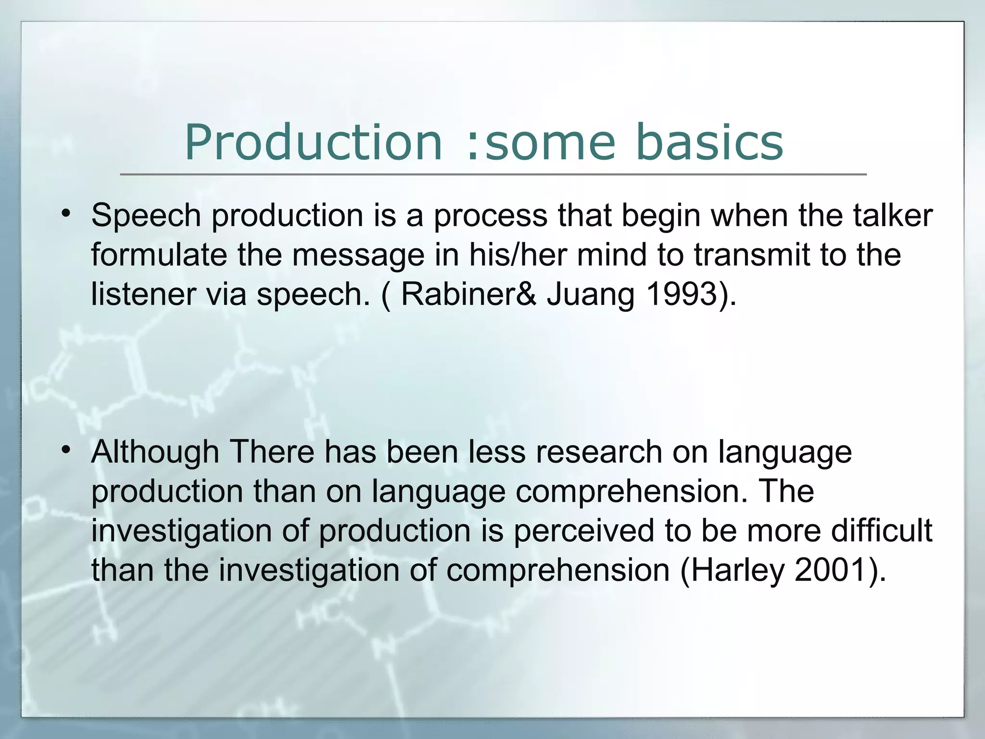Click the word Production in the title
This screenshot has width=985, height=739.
(313, 143)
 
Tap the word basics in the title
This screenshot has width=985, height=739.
(709, 143)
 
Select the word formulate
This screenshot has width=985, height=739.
(159, 255)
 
